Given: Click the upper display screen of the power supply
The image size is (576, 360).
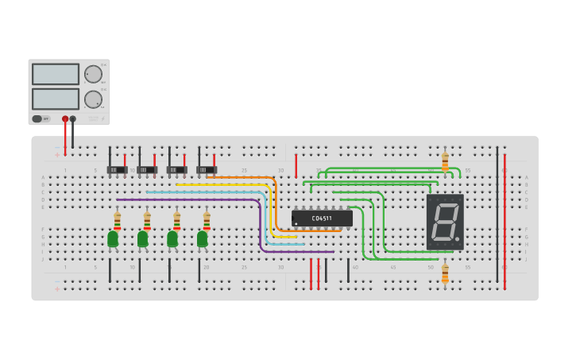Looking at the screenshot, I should point(55,74).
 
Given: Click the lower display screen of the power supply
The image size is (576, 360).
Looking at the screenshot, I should point(55,99).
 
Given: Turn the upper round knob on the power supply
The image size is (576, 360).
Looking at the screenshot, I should point(93,74).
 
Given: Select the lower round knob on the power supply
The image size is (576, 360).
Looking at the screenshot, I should point(93,99).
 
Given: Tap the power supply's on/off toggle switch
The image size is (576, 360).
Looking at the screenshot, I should point(37,118).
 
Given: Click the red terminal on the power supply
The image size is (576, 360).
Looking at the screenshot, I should point(65,119).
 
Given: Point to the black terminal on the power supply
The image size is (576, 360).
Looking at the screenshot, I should point(73,119).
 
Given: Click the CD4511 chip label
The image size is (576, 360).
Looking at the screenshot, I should point(322,217).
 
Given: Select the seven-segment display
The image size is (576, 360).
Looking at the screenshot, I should point(445,222).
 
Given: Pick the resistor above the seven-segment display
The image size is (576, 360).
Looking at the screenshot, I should point(445,161).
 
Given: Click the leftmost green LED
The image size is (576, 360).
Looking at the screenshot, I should point(113,238).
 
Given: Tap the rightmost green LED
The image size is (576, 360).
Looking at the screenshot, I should point(203,238).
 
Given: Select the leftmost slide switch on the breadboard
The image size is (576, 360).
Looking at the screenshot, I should point(117,169).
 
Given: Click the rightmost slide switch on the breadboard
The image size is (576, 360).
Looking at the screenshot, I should point(207,169).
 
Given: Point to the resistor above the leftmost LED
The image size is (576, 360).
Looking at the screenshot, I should point(118,220).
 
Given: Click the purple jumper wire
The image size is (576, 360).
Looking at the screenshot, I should point(191,199).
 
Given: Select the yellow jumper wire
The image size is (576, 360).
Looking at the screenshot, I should point(222,184).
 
